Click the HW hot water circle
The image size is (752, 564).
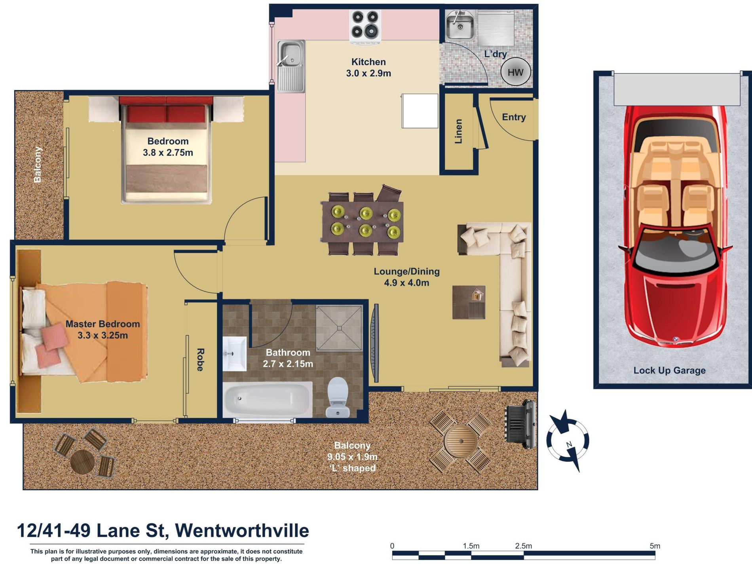(x=515, y=72)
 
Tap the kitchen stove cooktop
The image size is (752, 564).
(x=365, y=25)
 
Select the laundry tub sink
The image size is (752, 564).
(x=460, y=25)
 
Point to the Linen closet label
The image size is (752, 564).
(x=458, y=131)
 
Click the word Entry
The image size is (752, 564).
(x=514, y=117)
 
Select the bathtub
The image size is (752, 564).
(x=268, y=399)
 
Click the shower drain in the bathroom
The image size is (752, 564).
(x=339, y=328)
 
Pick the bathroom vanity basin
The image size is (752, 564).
(x=235, y=354)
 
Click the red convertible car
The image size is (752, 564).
(x=675, y=226)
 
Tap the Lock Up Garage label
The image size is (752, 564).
(x=669, y=370)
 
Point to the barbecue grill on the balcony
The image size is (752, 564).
(x=521, y=423)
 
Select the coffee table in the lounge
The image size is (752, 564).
(x=469, y=302)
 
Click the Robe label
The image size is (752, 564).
(x=200, y=360)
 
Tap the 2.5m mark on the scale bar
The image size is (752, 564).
(x=523, y=546)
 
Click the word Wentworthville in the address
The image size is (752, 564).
(x=242, y=531)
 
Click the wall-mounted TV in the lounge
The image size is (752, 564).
(x=374, y=344)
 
